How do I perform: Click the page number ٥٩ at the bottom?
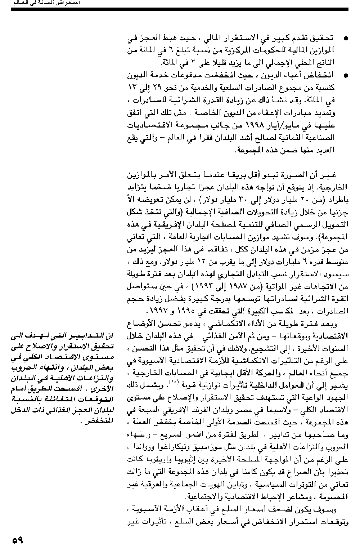pyautogui.click(x=17, y=539)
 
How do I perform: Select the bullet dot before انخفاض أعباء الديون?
pyautogui.click(x=346, y=76)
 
